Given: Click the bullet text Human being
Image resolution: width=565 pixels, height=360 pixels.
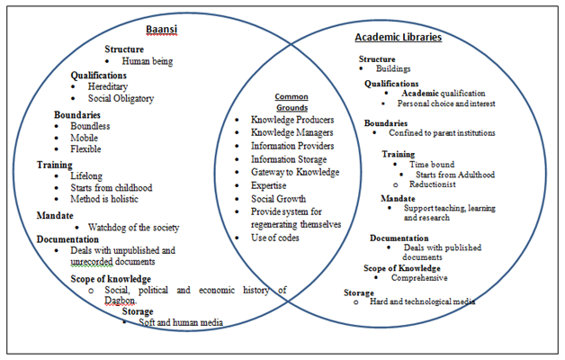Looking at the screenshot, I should pos(147,61).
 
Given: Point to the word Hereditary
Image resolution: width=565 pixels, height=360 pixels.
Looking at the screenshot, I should pos(112,86).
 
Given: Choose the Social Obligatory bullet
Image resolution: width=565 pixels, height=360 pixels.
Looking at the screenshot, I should pos(121,99).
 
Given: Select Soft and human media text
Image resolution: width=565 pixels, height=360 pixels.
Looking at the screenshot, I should pos(180,322).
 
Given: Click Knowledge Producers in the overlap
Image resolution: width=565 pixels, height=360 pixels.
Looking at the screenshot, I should pos(292,120).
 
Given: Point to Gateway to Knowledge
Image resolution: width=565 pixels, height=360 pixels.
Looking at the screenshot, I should pos(294,172).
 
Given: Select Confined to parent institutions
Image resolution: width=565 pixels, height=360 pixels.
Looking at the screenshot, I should pos(435,132).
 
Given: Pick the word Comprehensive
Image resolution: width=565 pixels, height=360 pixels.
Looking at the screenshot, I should pos(417,278).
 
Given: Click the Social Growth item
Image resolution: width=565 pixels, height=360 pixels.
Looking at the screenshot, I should pos(278,198).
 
